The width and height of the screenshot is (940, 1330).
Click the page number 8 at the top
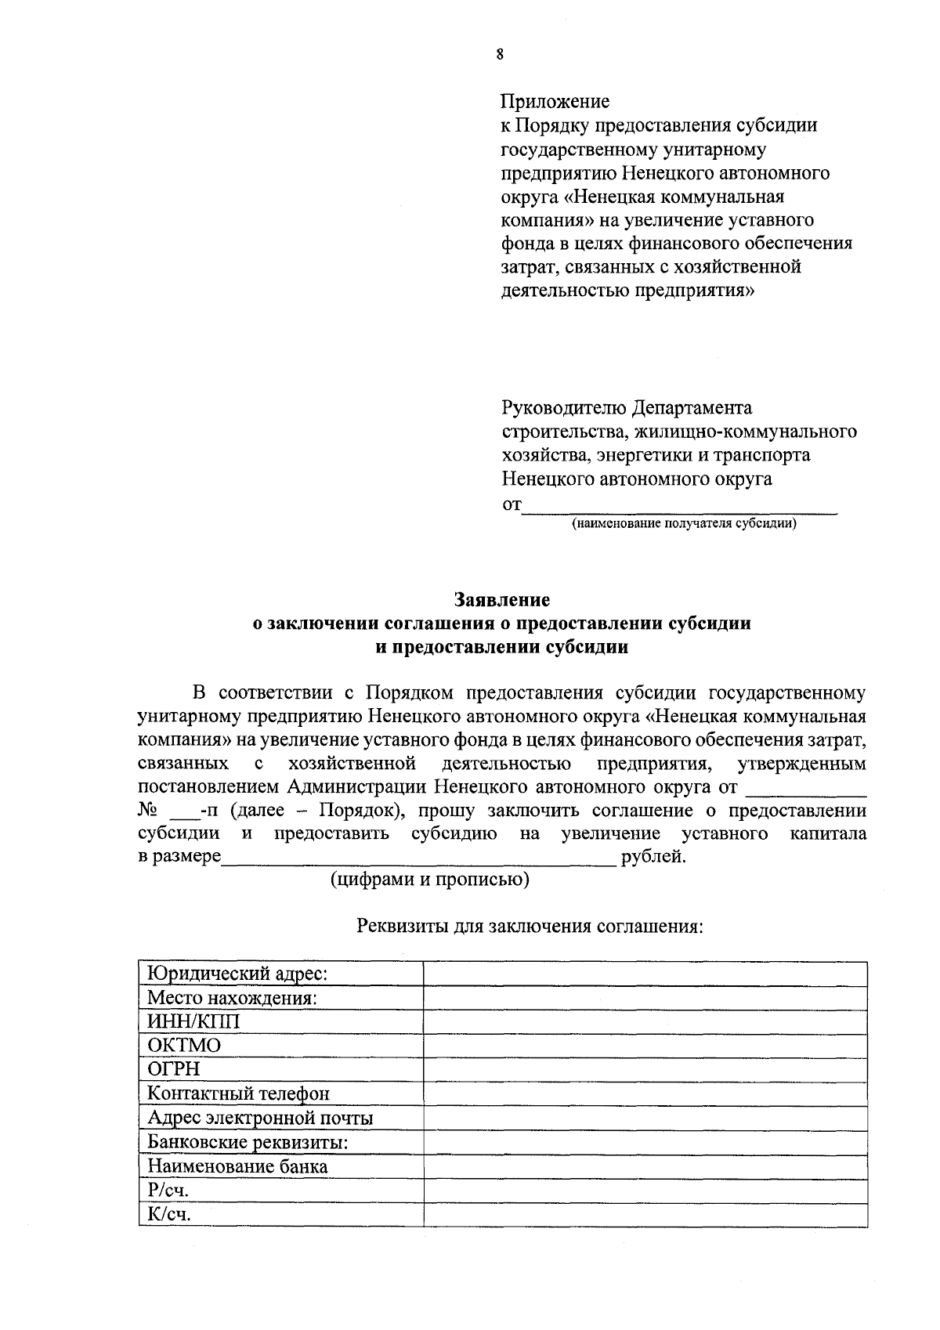pos(499,54)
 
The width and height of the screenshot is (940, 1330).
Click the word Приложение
pos(555,102)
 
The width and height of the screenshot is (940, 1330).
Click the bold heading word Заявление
pos(502,600)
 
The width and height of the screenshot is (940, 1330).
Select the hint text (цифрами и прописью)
pos(429,880)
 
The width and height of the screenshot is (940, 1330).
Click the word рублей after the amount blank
pos(653,857)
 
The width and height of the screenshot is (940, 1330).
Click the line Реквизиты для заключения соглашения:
pos(530,927)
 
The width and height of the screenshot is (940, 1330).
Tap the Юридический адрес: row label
pos(237,974)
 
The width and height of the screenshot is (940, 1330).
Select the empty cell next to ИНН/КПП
pos(645,1022)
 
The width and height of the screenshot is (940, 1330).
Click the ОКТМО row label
pos(184,1046)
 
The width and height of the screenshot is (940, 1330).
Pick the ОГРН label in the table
pos(174,1069)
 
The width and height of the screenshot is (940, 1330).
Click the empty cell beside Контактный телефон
pos(645,1093)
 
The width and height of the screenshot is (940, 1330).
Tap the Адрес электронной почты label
pos(260,1118)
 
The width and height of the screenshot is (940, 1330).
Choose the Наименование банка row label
pos(237,1166)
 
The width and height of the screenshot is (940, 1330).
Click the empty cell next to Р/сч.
pos(645,1191)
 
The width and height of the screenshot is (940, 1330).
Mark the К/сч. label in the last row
pos(169,1215)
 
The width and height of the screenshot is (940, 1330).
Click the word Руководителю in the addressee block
pos(563,408)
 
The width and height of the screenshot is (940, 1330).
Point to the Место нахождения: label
pos(232,998)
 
